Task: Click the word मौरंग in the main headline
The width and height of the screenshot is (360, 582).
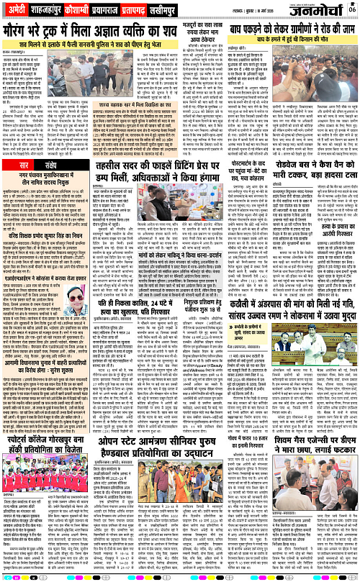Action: pyautogui.click(x=24, y=34)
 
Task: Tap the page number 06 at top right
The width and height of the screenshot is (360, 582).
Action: pyautogui.click(x=354, y=9)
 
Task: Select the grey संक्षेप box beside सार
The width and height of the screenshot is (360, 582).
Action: pyautogui.click(x=51, y=166)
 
